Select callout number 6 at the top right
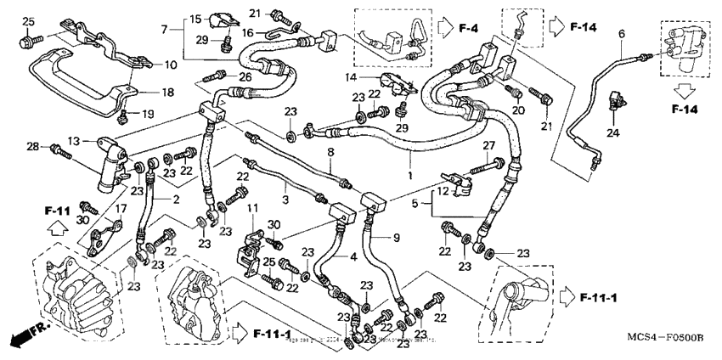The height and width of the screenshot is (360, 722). click(621, 33)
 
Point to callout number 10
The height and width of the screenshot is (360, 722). click(171, 65)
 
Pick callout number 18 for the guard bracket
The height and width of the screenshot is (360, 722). click(167, 92)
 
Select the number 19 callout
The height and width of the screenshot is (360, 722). click(148, 114)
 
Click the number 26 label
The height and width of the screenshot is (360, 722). click(245, 78)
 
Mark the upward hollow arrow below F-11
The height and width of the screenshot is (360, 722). click(56, 227)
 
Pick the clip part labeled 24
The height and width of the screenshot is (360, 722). click(613, 107)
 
